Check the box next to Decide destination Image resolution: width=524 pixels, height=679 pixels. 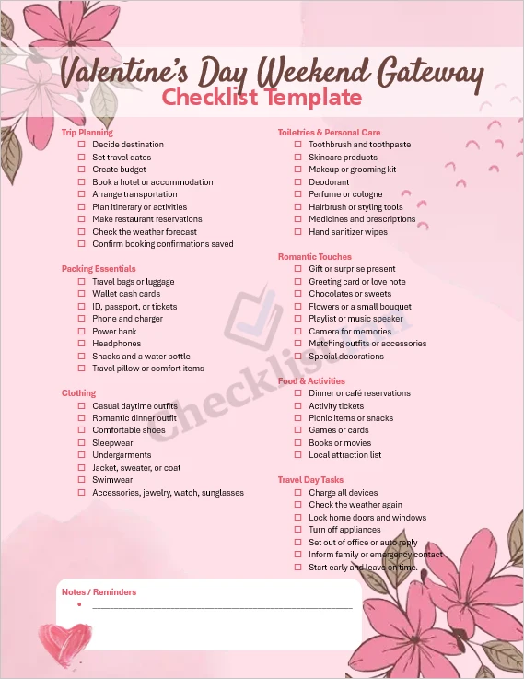[x=81, y=145]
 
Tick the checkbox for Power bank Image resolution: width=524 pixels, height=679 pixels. [x=81, y=332]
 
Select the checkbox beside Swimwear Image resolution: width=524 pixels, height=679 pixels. [x=81, y=480]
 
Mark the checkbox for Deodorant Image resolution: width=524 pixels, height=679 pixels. [x=297, y=182]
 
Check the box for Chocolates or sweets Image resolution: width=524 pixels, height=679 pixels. [x=297, y=294]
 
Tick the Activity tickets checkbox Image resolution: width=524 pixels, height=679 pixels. [x=297, y=405]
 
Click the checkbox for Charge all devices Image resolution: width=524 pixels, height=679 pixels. [x=297, y=493]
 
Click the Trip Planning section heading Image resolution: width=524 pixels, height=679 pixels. [x=87, y=133]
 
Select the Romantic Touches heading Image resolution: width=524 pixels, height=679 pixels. [x=314, y=257]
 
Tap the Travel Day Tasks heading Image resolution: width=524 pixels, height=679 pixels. [x=310, y=480]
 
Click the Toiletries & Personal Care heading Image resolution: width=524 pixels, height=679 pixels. [x=329, y=133]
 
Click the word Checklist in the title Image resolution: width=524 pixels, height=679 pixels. [x=209, y=98]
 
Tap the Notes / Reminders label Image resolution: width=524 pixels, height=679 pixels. [x=99, y=592]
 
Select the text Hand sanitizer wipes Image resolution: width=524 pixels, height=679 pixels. [x=348, y=232]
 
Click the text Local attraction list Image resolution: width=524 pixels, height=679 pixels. [x=344, y=455]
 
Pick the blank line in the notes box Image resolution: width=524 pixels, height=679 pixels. [x=221, y=608]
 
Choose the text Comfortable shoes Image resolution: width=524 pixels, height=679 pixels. [x=129, y=430]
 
